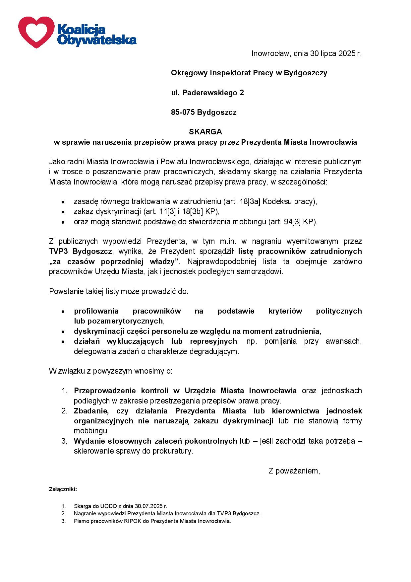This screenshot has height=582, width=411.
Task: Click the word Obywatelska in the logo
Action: [x=96, y=40]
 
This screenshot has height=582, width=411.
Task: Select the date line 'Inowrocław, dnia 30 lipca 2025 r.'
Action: [x=306, y=53]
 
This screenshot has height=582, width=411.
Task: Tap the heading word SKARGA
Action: [x=205, y=132]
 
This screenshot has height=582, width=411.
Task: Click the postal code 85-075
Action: [x=183, y=112]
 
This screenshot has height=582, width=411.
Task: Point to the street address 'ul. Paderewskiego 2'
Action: [x=207, y=93]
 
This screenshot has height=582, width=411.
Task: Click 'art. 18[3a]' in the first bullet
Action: [x=241, y=201]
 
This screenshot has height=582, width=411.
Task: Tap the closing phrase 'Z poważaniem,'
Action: [x=294, y=471]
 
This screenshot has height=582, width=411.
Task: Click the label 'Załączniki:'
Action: [x=63, y=489]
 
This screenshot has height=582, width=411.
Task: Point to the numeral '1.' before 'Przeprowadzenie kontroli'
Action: [x=65, y=391]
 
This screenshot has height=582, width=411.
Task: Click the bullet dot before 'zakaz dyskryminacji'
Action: [x=63, y=212]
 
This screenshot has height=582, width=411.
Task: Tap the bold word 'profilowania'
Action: [x=96, y=311]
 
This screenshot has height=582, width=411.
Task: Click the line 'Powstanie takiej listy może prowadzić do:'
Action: [x=119, y=292]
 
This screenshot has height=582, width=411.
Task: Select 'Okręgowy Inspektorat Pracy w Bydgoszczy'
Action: [x=249, y=73]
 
